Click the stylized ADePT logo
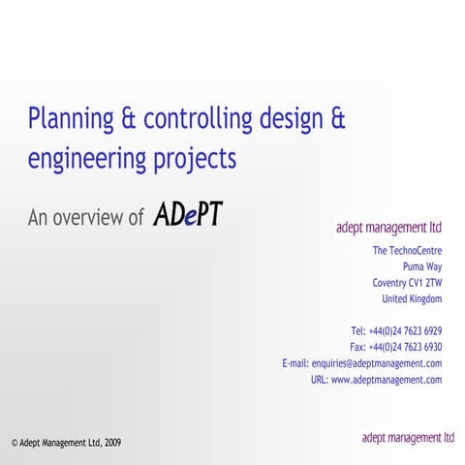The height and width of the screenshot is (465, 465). (188, 215)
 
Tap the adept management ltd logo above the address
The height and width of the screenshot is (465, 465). (388, 229)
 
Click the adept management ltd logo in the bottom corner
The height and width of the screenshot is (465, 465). (408, 438)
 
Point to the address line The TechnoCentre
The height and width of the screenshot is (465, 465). (408, 251)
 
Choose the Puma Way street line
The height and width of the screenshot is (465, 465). (422, 266)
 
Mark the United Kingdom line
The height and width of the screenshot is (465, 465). (413, 298)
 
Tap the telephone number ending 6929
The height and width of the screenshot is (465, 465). (406, 331)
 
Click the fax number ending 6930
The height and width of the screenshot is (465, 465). (406, 347)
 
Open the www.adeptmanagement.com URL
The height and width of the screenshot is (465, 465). (387, 380)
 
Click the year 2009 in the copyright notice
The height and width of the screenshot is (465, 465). (112, 443)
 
